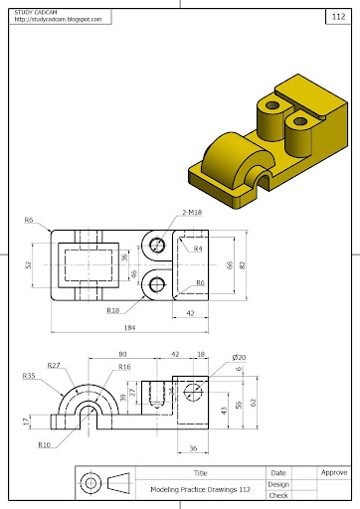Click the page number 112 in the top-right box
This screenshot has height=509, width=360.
[x=337, y=16]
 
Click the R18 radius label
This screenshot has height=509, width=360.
[x=113, y=310]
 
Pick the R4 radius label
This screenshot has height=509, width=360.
[x=198, y=249]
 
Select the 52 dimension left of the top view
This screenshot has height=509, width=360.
[x=28, y=264]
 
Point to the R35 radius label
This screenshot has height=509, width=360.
[x=29, y=377]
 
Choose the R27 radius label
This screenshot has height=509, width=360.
[x=55, y=367]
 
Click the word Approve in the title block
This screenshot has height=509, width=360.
[x=332, y=472]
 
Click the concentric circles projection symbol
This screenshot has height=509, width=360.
[x=90, y=483]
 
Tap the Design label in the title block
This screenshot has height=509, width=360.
[x=277, y=484]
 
